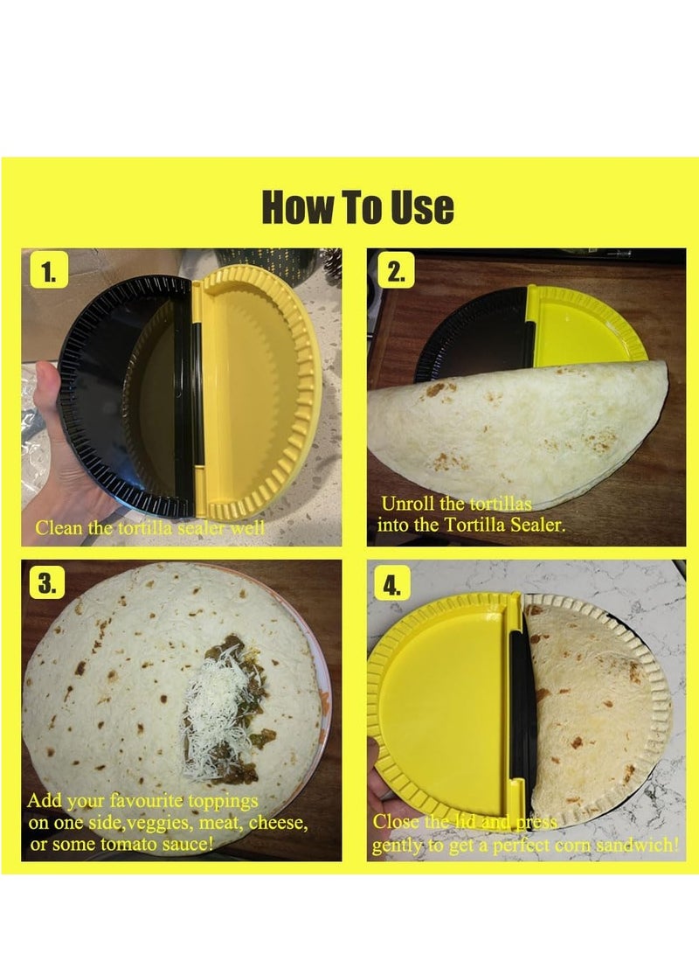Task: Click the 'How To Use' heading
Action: pos(358,208)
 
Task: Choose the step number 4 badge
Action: pos(396,584)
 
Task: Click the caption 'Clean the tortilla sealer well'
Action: pos(149,528)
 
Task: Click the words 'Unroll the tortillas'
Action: pos(456,505)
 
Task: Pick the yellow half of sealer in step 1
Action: pos(253,385)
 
